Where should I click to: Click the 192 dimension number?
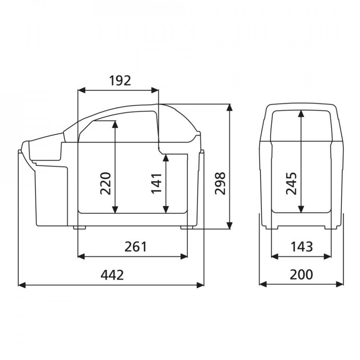[120, 81]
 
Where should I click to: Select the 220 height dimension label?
[106, 183]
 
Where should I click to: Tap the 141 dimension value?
[157, 184]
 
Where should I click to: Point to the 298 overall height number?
[220, 183]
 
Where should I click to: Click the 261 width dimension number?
[135, 247]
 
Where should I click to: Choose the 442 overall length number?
[112, 275]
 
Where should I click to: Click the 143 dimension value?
[301, 247]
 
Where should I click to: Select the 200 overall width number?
[301, 274]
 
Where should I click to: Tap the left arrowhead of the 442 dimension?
[22, 285]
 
